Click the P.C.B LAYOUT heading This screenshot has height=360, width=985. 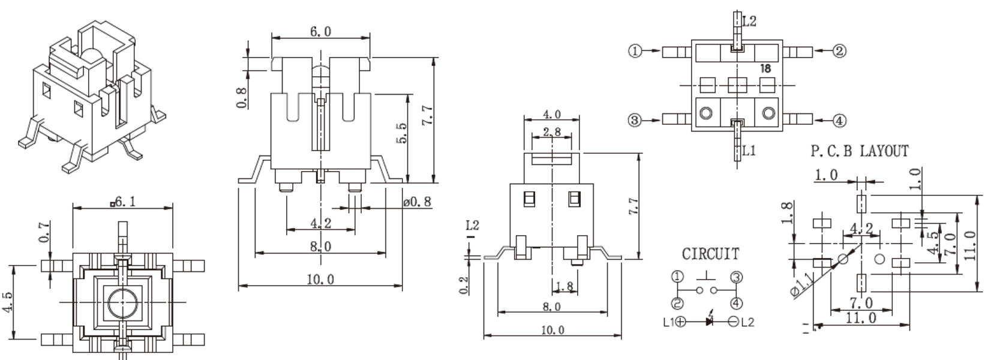pyautogui.click(x=860, y=151)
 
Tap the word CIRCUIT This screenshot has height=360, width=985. pyautogui.click(x=710, y=254)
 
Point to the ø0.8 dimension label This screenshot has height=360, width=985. pyautogui.click(x=418, y=202)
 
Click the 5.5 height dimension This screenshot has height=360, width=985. pyautogui.click(x=401, y=134)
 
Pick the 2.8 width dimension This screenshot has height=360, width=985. pyautogui.click(x=551, y=132)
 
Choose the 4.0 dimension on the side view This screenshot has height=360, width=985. pyautogui.click(x=551, y=115)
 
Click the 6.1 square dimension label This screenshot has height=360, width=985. pyautogui.click(x=123, y=202)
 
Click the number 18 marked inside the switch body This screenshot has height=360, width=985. pyautogui.click(x=765, y=68)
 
